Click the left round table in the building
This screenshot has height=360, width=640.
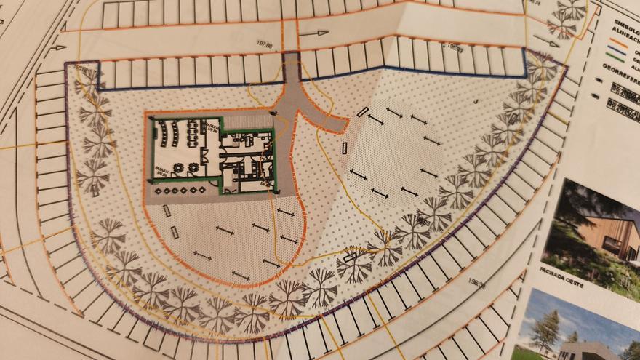(x=177, y=168)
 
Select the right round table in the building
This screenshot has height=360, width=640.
(x=194, y=168)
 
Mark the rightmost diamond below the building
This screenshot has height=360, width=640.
(x=203, y=190)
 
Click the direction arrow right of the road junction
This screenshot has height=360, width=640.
(x=313, y=33)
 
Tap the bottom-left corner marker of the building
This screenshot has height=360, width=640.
(x=152, y=180)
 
